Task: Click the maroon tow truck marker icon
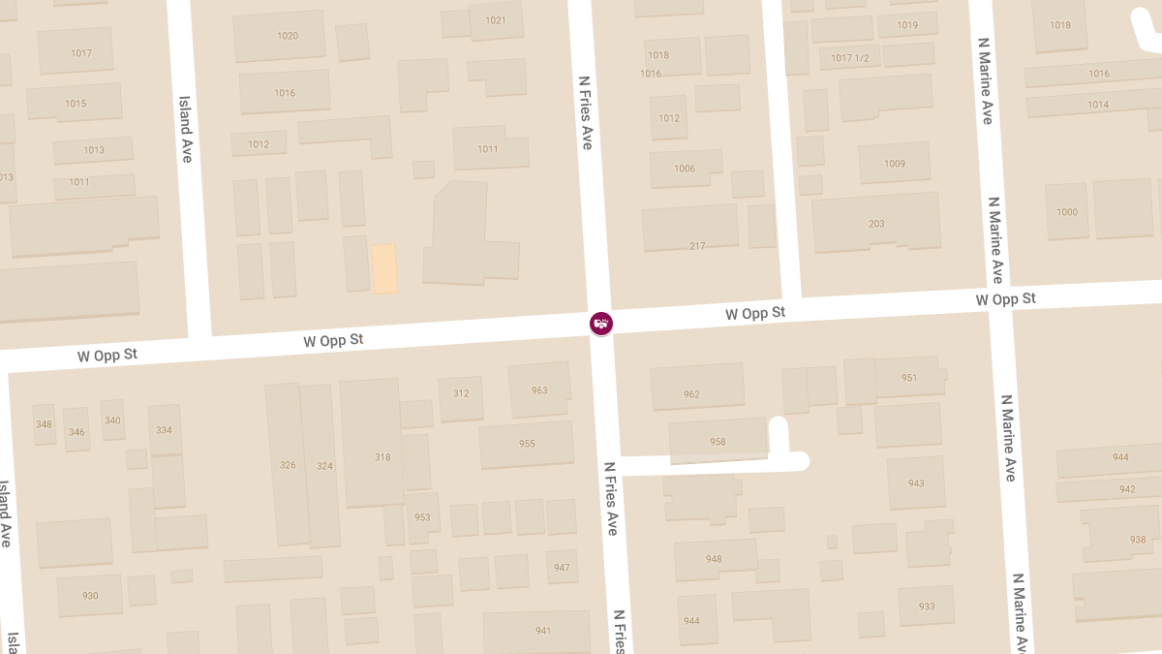point(601,323)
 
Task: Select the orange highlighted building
point(385,268)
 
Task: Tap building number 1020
point(287,36)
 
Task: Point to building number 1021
point(496,20)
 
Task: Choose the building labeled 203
point(876,224)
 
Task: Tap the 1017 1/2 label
point(849,58)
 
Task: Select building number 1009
point(895,164)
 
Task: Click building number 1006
point(685,169)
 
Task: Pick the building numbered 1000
point(1067,212)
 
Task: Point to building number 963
point(539,390)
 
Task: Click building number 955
point(527,444)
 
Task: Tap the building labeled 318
point(382,456)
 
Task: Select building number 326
point(288,465)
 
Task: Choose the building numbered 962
point(691,394)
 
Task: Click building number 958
point(718,442)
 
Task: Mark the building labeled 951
point(908,378)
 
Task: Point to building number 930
point(90,596)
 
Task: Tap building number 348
point(44,424)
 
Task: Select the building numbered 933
point(927,607)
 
